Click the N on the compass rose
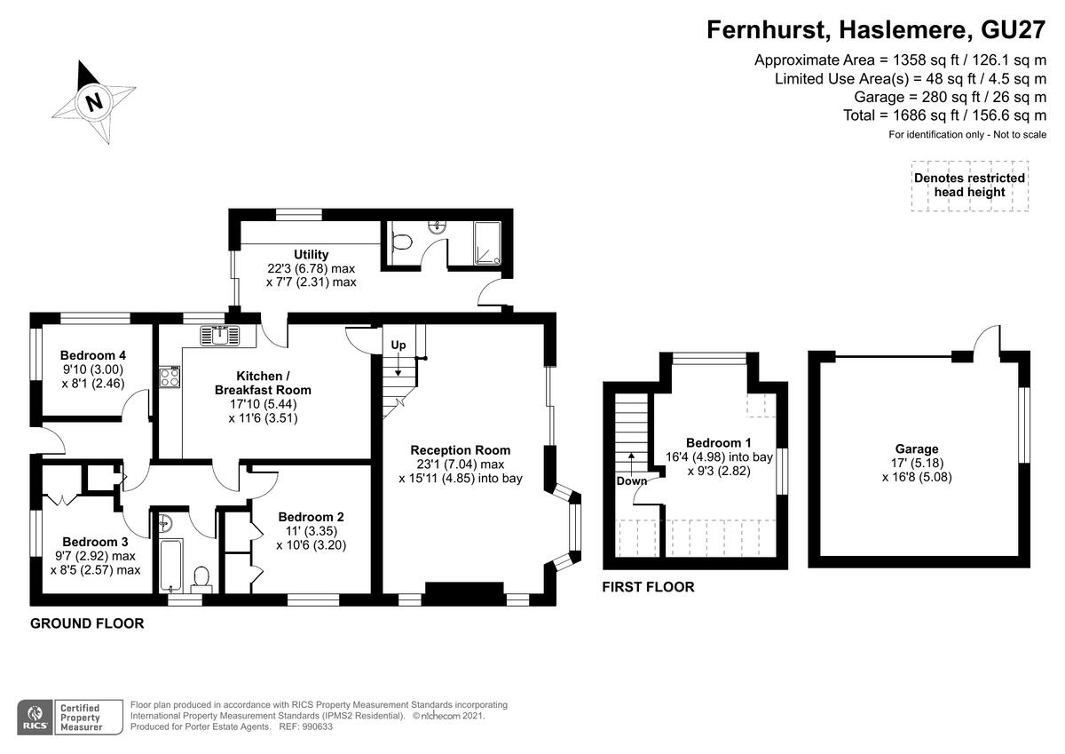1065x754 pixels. (x=95, y=102)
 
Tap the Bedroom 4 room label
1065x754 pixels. (x=93, y=355)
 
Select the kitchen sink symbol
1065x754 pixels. (x=221, y=336)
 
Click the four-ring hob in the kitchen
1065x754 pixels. (x=170, y=377)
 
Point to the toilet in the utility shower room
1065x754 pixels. (x=402, y=242)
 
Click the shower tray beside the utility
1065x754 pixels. (x=487, y=242)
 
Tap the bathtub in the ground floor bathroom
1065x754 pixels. (x=171, y=565)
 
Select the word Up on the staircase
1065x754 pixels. (x=398, y=345)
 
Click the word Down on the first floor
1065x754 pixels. (x=631, y=481)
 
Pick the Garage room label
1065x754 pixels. (x=917, y=448)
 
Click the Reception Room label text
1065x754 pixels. (x=461, y=450)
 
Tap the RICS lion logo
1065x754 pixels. (x=35, y=718)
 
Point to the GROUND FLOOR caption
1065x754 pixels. (x=87, y=623)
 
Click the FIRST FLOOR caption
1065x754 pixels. (x=648, y=587)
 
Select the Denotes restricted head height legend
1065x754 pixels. (x=970, y=186)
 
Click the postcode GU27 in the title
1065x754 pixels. (x=1013, y=30)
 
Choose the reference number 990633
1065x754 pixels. (x=317, y=726)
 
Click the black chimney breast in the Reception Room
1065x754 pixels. (x=464, y=593)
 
